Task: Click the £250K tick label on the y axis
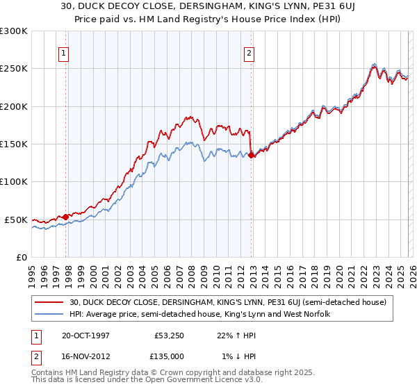click(x=14, y=69)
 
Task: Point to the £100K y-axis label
click(x=14, y=182)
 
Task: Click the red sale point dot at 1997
click(x=66, y=217)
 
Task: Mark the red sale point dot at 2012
click(x=252, y=156)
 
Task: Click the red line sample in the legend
click(x=49, y=302)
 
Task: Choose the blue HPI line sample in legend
click(x=49, y=315)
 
